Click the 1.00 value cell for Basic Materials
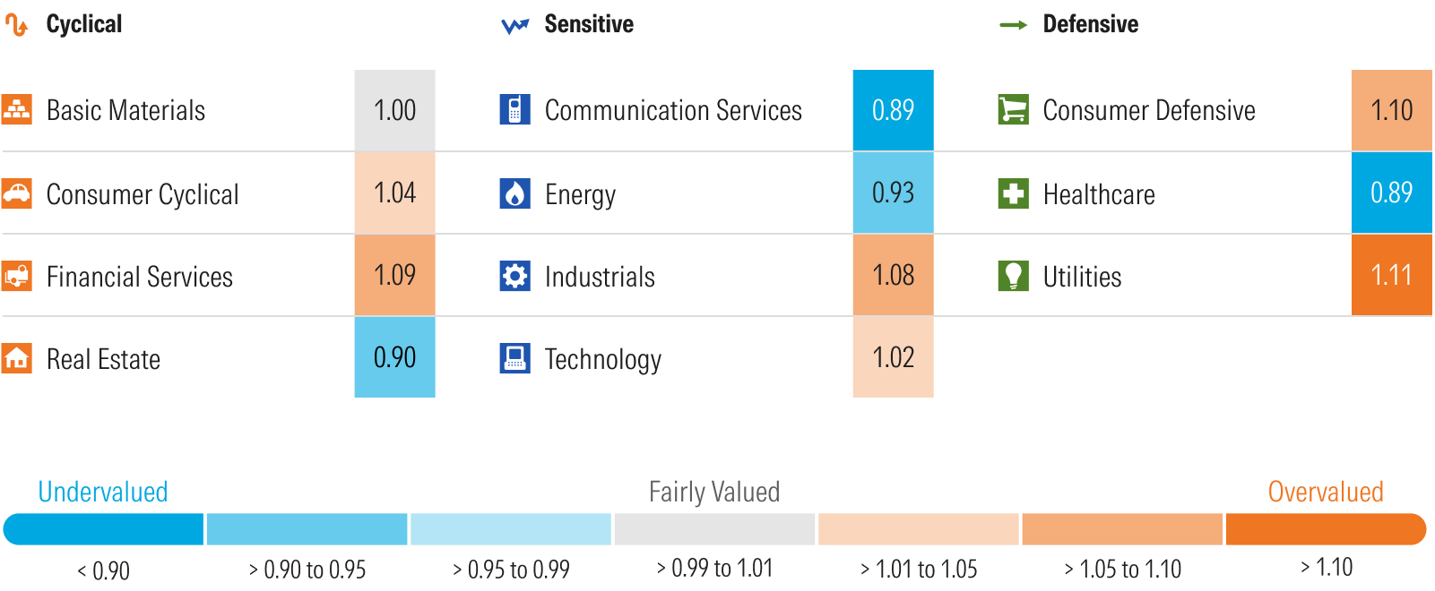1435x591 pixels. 394,110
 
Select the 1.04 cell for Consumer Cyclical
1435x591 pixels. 394,193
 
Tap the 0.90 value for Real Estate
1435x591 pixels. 394,357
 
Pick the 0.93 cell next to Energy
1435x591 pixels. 893,193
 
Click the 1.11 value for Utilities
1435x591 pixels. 1391,275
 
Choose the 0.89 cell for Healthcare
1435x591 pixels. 1391,193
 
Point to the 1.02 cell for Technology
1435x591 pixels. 893,357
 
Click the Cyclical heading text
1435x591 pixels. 83,24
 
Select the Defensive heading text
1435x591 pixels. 1090,24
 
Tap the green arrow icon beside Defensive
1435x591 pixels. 1013,25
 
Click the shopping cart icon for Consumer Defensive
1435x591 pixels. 1013,110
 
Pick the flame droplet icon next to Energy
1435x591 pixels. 514,193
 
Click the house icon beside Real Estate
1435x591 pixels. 16,358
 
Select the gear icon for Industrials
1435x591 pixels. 514,276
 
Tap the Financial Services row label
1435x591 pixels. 139,277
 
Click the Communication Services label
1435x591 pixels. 673,110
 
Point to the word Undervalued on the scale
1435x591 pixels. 102,492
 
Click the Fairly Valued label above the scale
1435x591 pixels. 713,492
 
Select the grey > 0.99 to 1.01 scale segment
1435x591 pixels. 714,529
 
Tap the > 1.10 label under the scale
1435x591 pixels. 1326,568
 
